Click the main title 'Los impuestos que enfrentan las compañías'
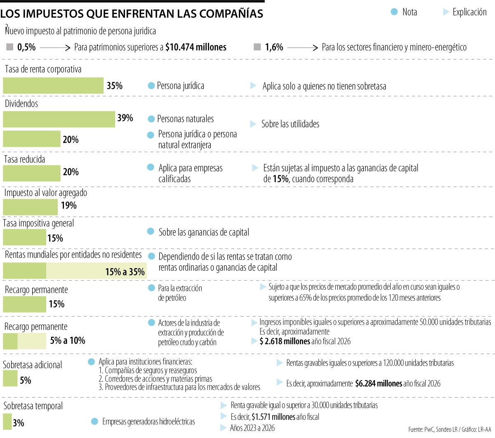(x=132, y=13)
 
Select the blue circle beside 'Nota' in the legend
(x=394, y=12)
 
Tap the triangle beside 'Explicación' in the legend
(x=446, y=12)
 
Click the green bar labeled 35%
(x=53, y=86)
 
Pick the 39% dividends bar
(x=59, y=119)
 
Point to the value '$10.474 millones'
(x=196, y=47)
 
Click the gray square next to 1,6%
(x=257, y=47)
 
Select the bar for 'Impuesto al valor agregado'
(x=31, y=207)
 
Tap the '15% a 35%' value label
(x=125, y=271)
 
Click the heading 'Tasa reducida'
(x=25, y=159)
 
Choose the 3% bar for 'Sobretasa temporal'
(x=7, y=421)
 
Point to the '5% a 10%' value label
(x=68, y=340)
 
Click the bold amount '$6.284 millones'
(x=378, y=383)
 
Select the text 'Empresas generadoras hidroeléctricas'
(x=148, y=421)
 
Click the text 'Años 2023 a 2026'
(x=252, y=428)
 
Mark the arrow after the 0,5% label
(x=55, y=48)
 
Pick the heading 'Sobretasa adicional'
(x=33, y=365)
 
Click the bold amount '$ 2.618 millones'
(x=285, y=341)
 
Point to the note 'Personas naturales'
(x=185, y=119)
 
